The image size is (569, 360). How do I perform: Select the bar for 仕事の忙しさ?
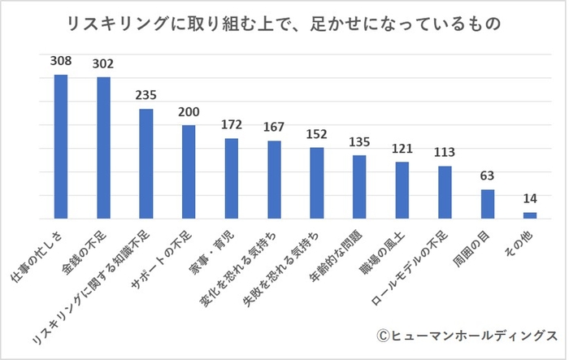tap(61, 146)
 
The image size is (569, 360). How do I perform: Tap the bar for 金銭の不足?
tap(103, 148)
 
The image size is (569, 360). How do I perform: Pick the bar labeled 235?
tap(146, 163)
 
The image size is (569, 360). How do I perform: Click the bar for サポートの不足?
tap(189, 171)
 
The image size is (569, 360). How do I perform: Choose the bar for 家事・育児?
tap(232, 178)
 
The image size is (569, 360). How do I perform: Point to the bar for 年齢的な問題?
tap(359, 187)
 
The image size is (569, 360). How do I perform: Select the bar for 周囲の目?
tap(488, 204)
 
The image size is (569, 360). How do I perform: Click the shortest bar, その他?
tap(530, 215)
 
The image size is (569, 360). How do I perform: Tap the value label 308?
tap(61, 61)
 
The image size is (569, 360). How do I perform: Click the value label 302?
tap(103, 63)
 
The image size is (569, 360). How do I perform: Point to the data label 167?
tap(274, 128)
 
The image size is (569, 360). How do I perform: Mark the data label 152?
tap(317, 134)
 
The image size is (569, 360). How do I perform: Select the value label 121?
tap(402, 149)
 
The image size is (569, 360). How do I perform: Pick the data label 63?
tap(488, 176)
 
